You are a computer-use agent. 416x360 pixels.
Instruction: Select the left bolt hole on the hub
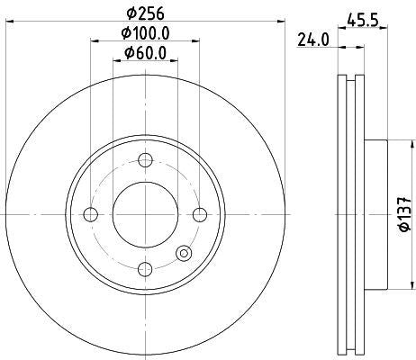(x=90, y=213)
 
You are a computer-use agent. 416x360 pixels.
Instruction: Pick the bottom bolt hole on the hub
(x=144, y=268)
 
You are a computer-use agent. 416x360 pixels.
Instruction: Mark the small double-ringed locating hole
(x=185, y=255)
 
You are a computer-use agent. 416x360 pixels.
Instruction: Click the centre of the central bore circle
(x=144, y=213)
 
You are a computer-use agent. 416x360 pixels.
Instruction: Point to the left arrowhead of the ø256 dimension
(x=8, y=24)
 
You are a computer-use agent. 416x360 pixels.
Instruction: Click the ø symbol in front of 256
(x=130, y=13)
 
